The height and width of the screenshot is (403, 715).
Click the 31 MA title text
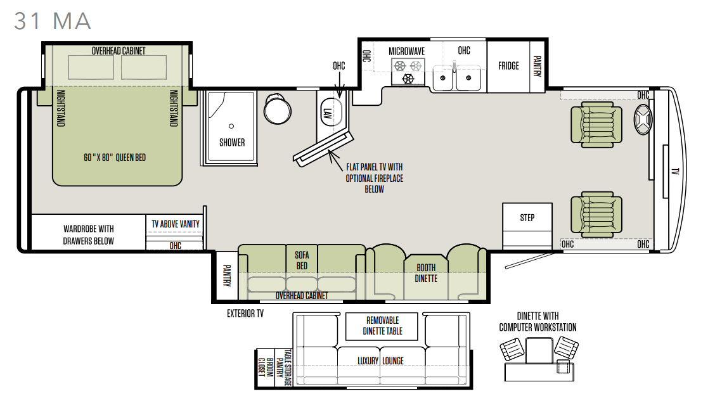click(x=53, y=22)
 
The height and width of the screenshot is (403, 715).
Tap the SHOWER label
click(x=232, y=143)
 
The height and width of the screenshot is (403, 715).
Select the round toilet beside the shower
click(x=277, y=110)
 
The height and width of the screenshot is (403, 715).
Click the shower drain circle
click(x=231, y=126)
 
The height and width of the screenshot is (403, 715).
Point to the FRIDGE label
click(x=508, y=66)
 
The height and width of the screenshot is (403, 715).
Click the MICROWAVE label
click(x=407, y=51)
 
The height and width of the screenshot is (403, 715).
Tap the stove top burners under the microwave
click(x=408, y=72)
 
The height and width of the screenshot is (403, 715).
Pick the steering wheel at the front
click(x=643, y=119)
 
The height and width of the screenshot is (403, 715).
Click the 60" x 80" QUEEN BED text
click(x=115, y=158)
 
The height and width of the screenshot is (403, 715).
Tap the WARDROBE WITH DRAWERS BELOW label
click(x=89, y=235)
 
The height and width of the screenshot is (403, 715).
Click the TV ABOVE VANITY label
click(x=176, y=224)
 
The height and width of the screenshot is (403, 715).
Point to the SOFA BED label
click(x=302, y=260)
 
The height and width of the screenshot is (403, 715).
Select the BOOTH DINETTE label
click(x=426, y=273)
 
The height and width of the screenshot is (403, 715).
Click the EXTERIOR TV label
click(x=245, y=314)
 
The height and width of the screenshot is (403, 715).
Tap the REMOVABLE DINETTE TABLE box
click(x=382, y=326)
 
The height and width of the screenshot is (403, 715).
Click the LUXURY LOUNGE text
click(x=380, y=361)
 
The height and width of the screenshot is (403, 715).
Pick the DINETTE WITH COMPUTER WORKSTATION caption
click(x=538, y=322)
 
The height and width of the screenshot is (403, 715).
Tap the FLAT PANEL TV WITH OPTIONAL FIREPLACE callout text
click(x=375, y=178)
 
